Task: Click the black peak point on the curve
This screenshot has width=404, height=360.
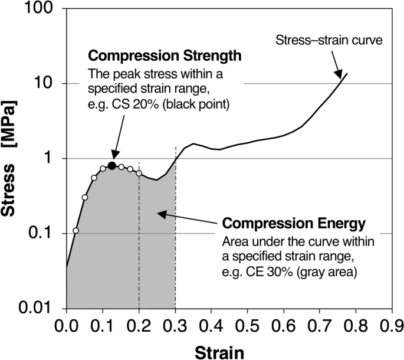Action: point(111,165)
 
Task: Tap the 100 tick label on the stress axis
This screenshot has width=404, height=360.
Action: point(40,9)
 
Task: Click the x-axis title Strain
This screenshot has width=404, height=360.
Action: point(221,351)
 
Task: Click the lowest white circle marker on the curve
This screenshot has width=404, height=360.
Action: point(75,231)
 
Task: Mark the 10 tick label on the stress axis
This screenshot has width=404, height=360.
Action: point(45,84)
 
